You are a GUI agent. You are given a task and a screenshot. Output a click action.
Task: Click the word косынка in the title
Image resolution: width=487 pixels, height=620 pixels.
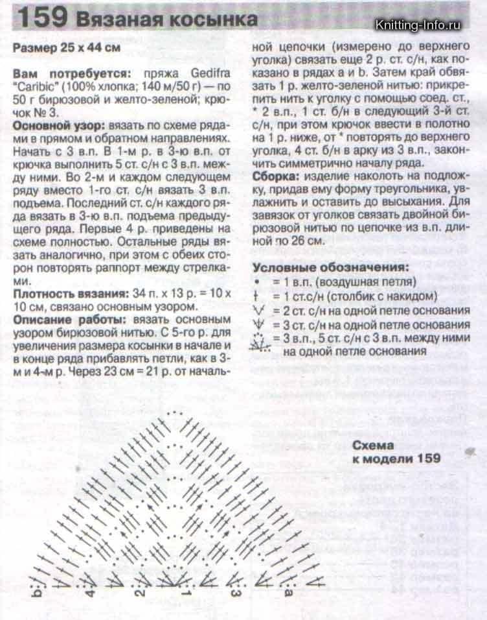tap(215, 20)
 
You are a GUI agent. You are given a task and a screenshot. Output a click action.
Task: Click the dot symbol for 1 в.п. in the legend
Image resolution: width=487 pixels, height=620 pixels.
tap(258, 282)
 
